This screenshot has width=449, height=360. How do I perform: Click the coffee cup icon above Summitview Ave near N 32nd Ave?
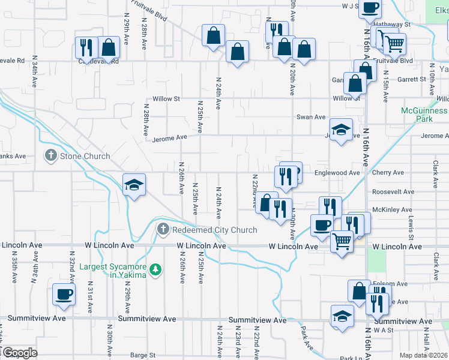click(x=64, y=294)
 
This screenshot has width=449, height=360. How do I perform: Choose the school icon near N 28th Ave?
click(x=134, y=184)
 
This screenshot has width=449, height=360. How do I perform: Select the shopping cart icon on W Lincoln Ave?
click(x=342, y=241)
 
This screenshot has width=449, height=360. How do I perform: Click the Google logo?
click(x=20, y=353)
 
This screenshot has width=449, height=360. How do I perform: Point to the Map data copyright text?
click(x=423, y=355)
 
